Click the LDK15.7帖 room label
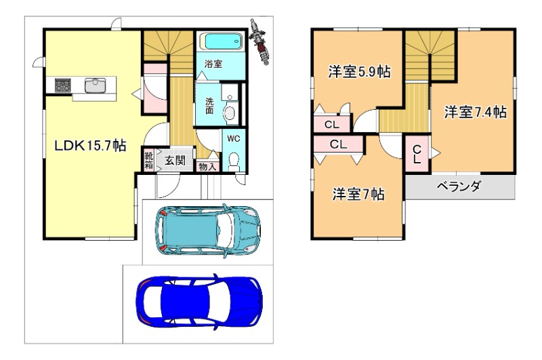click(x=90, y=146)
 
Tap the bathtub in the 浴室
click(x=222, y=42)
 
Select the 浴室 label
click(x=213, y=64)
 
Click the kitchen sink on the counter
click(x=96, y=85)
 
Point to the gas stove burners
click(x=63, y=85)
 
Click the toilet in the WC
click(x=234, y=161)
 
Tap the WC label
click(x=234, y=139)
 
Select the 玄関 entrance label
click(x=175, y=161)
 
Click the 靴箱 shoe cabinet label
click(x=148, y=160)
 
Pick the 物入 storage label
click(x=208, y=167)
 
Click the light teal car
click(x=208, y=231)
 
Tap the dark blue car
click(x=199, y=302)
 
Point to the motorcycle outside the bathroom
click(x=259, y=41)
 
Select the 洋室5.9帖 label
click(x=360, y=72)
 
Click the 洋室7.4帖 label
click(x=476, y=112)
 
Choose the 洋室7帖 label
click(x=358, y=195)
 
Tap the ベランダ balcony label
click(x=459, y=186)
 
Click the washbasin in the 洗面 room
click(x=229, y=113)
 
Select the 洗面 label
click(x=209, y=106)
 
